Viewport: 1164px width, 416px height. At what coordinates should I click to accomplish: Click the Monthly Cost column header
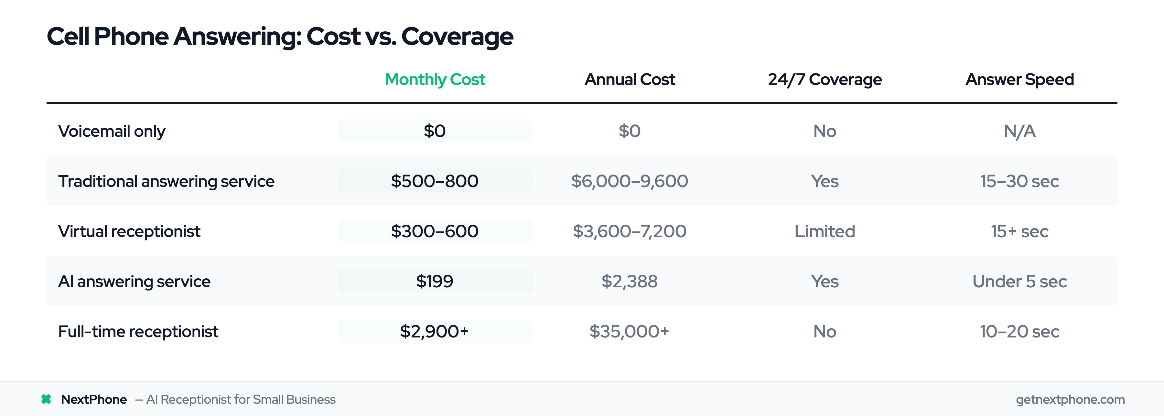click(434, 80)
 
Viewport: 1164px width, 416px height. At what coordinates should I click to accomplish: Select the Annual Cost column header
click(630, 80)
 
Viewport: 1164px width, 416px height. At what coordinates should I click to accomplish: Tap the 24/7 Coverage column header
click(824, 80)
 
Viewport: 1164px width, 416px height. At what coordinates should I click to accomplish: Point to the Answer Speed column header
click(1019, 80)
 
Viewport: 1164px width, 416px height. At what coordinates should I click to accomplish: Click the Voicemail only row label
click(112, 131)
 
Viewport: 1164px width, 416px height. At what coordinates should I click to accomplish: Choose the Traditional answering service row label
click(166, 181)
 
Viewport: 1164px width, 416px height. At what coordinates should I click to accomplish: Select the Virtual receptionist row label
click(129, 231)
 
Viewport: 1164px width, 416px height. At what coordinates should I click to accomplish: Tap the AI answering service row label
click(134, 282)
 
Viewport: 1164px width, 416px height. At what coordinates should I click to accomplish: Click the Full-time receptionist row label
click(138, 332)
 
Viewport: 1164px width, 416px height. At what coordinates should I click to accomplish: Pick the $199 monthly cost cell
click(434, 282)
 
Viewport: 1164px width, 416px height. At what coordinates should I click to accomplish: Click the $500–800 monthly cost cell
click(434, 181)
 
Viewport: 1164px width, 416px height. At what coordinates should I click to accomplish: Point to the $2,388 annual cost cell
click(630, 282)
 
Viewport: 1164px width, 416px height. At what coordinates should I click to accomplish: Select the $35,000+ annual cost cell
click(630, 332)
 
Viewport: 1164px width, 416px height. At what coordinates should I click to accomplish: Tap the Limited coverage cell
click(824, 231)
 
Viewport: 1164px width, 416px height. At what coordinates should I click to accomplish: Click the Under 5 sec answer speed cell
click(1019, 282)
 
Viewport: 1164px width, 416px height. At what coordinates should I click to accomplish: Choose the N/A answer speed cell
click(1019, 131)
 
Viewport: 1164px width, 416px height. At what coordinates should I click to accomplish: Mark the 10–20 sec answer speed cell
click(1019, 332)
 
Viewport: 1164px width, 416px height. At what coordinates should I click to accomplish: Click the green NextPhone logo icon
click(46, 399)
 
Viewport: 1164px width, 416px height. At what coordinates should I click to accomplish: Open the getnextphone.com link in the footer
click(1070, 399)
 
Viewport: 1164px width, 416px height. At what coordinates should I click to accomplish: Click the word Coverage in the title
click(457, 37)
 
